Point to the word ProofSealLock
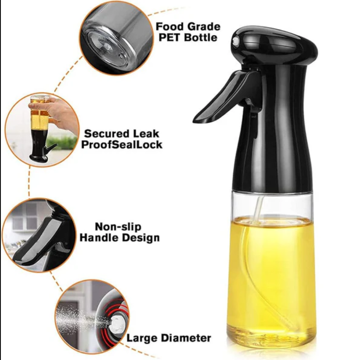[x=122, y=145]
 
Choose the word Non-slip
[x=118, y=226]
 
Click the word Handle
[x=99, y=238]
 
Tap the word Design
[x=141, y=238]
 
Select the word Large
[x=142, y=338]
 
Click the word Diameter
[x=186, y=338]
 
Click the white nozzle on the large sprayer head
[x=235, y=42]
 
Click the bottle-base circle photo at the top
[x=116, y=38]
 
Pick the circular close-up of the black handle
[x=39, y=235]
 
